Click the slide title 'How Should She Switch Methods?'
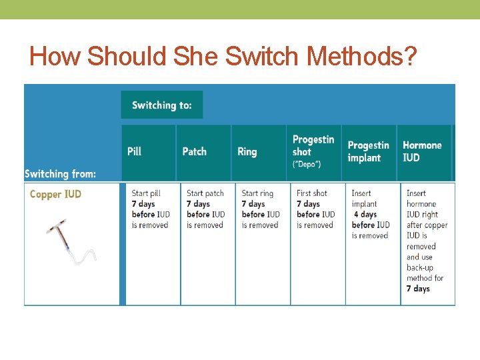click(x=223, y=57)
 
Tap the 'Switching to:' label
click(x=162, y=105)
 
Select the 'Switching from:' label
click(x=61, y=174)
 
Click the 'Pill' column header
click(x=135, y=151)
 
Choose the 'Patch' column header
click(x=195, y=151)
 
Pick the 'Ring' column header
click(x=247, y=151)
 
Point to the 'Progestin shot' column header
click(x=313, y=145)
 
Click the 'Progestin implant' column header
click(x=368, y=151)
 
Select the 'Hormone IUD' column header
click(x=422, y=151)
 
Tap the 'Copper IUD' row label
click(x=56, y=195)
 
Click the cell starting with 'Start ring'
click(x=261, y=209)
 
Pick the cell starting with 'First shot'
click(x=315, y=209)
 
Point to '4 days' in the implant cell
click(x=365, y=215)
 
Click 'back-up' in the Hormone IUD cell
click(x=420, y=267)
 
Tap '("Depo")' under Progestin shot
click(x=307, y=164)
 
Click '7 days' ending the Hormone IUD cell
click(x=418, y=289)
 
